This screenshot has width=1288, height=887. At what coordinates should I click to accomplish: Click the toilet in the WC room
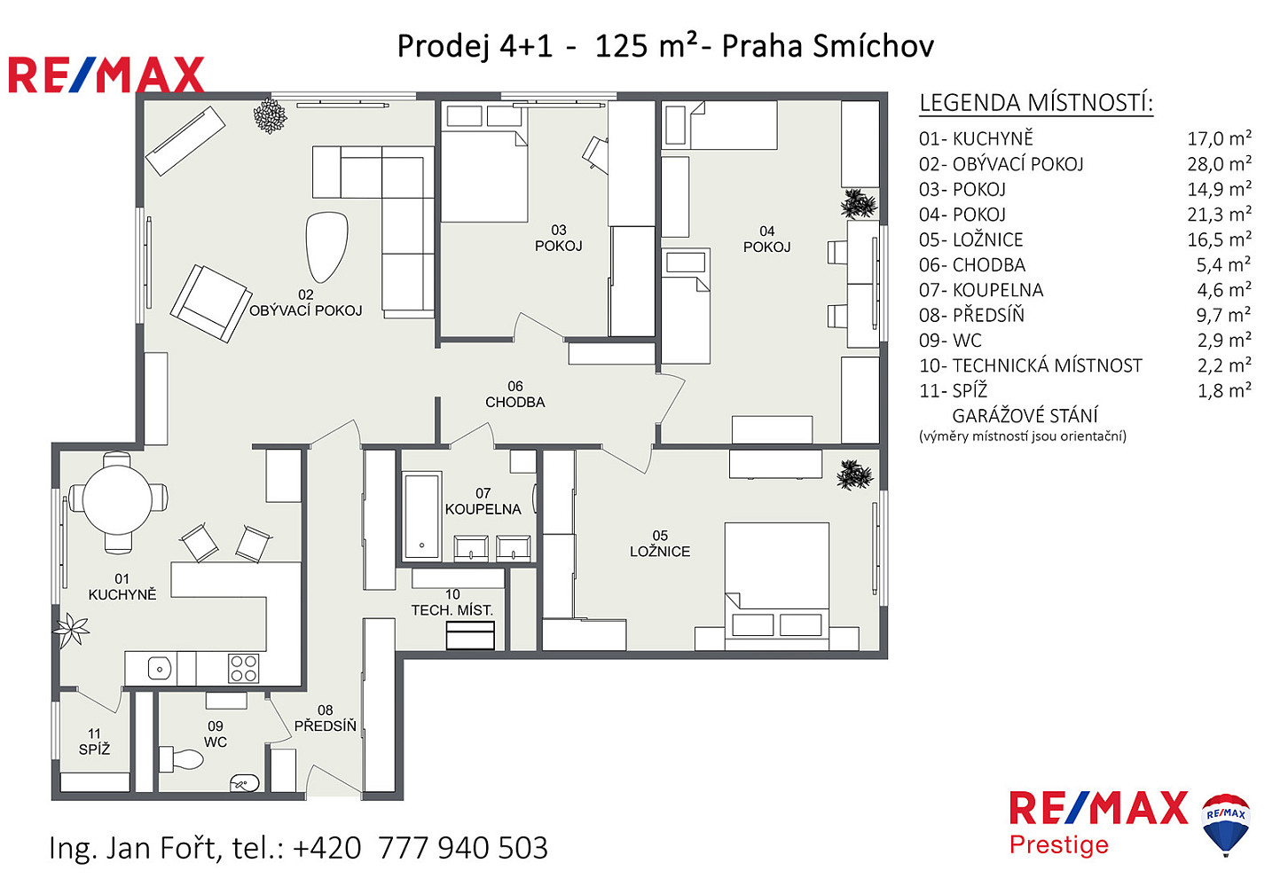click(x=181, y=759)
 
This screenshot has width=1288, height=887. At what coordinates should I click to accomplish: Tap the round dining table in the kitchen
click(x=117, y=500)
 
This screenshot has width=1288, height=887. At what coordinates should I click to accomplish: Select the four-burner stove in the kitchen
click(x=243, y=669)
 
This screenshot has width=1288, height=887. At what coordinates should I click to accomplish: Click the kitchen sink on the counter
click(x=160, y=669)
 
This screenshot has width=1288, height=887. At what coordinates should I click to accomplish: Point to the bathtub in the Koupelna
click(x=422, y=516)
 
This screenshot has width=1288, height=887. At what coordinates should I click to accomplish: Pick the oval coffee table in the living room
click(x=326, y=247)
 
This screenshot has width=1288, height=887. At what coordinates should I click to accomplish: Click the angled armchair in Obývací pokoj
click(x=211, y=303)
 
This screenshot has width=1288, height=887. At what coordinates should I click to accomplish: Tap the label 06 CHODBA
click(x=514, y=395)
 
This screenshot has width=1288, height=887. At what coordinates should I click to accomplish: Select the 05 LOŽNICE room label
click(x=660, y=544)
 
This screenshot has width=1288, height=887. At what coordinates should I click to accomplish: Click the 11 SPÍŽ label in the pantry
click(x=94, y=742)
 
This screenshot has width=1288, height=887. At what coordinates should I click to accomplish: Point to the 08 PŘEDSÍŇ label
click(x=325, y=718)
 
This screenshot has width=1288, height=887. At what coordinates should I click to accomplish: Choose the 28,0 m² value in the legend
click(x=1219, y=164)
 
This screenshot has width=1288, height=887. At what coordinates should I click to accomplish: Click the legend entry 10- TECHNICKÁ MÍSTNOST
click(x=1031, y=365)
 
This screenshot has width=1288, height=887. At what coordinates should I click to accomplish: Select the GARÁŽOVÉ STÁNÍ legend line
click(x=1025, y=416)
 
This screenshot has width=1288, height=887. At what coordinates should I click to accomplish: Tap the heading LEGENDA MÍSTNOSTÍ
click(x=1036, y=103)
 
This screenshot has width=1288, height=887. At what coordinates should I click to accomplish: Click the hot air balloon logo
click(x=1225, y=824)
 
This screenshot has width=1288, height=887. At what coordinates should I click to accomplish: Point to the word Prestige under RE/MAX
click(x=1059, y=845)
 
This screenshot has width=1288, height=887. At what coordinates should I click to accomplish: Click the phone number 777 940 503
click(x=463, y=848)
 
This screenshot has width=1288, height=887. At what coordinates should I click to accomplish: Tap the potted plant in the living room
click(x=270, y=115)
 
